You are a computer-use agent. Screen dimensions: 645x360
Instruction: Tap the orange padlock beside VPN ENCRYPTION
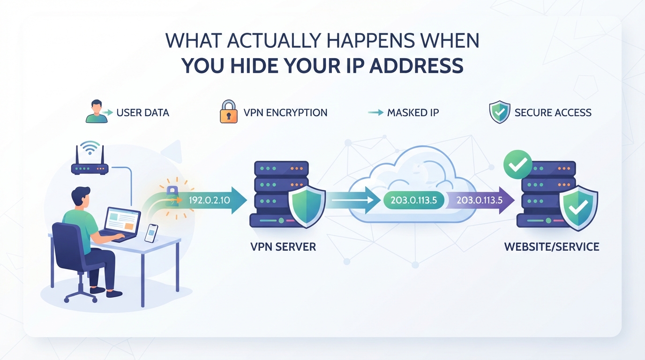point(229,112)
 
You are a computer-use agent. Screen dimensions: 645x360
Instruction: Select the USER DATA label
point(142,112)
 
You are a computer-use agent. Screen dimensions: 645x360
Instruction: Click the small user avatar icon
point(97,112)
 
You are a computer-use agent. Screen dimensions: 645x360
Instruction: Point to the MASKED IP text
point(413,112)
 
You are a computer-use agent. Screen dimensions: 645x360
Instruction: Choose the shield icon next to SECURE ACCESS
point(500,112)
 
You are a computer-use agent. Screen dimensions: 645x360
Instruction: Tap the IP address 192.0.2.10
point(210,200)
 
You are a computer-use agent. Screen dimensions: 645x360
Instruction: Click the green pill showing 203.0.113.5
point(414,200)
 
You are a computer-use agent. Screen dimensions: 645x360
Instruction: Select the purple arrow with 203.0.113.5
point(480,200)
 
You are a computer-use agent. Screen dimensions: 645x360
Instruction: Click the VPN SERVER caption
point(283,247)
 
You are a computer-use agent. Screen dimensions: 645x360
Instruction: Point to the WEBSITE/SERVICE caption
point(552,247)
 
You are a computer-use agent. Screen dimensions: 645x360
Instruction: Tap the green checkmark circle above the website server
point(517,165)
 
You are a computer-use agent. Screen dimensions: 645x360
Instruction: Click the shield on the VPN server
point(307,206)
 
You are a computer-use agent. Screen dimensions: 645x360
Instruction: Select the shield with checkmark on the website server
point(578,208)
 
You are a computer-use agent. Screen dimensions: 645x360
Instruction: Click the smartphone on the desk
point(151,233)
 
